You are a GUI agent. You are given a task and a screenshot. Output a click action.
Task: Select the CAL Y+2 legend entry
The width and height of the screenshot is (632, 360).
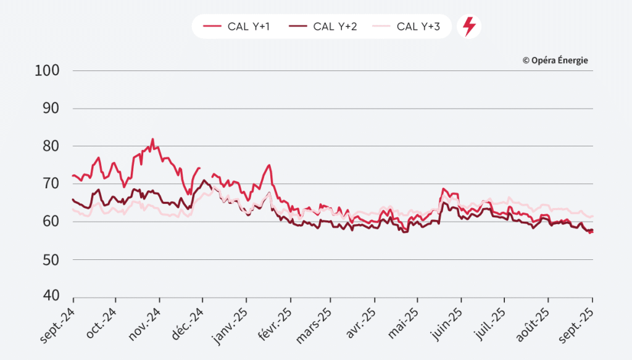tap(325, 27)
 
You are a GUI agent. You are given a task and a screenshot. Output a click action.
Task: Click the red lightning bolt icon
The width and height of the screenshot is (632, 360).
tap(469, 27)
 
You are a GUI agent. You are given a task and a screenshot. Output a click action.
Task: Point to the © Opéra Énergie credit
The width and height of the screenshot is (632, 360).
tap(555, 61)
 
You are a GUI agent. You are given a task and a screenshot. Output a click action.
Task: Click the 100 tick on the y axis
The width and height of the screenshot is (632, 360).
tap(48, 70)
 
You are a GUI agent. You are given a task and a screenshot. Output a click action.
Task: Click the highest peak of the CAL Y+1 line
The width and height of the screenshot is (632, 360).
tap(152, 139)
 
